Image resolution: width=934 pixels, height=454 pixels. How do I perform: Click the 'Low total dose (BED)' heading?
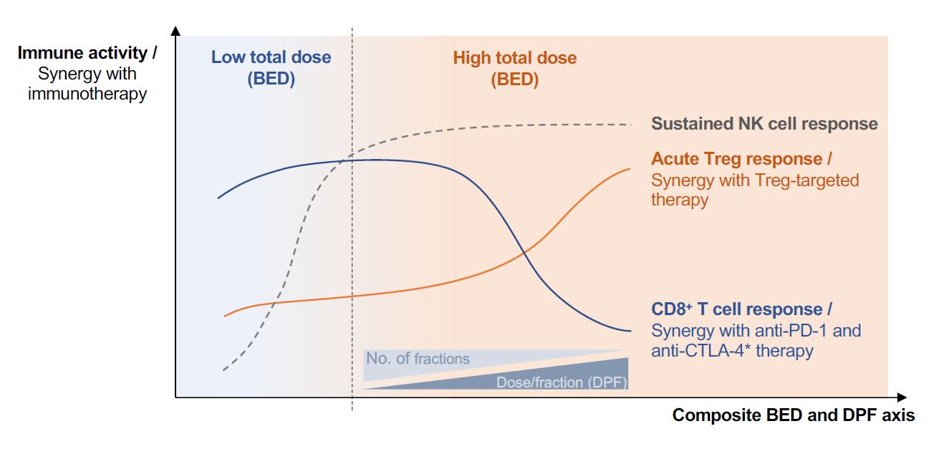coord(271,67)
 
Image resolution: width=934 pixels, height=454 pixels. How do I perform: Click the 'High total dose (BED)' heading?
coord(514,68)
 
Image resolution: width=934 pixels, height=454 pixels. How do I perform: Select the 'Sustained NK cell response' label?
coord(764,124)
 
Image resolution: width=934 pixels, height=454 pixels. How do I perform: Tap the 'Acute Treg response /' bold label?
coord(741,159)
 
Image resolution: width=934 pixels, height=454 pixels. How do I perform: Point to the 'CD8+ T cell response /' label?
coord(741,309)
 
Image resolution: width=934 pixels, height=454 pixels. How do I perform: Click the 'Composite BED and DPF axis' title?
coord(794,415)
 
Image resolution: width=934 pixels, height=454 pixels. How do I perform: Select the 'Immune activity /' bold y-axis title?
coord(87,53)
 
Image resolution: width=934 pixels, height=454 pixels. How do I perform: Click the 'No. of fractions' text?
coord(418,359)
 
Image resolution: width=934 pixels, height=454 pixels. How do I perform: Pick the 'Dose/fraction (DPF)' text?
coord(562,382)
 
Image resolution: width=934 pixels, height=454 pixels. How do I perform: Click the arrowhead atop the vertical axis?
coord(175,30)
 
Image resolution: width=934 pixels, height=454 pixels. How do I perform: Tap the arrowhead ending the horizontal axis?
coord(902,397)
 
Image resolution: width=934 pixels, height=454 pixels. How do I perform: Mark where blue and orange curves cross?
coord(524,252)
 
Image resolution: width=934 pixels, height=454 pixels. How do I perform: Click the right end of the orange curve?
coord(630,169)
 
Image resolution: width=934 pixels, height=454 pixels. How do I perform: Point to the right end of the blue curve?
coord(631,331)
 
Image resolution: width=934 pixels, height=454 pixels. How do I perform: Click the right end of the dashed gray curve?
coord(631,124)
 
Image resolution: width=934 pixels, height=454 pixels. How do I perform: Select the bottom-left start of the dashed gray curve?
coord(224,370)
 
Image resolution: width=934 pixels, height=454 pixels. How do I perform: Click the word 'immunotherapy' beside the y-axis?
coord(87,94)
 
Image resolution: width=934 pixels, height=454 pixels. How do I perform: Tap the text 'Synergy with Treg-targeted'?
coord(755,180)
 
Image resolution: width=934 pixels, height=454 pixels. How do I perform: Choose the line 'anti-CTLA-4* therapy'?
coord(732,351)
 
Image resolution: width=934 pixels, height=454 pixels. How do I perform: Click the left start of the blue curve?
coord(218,198)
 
